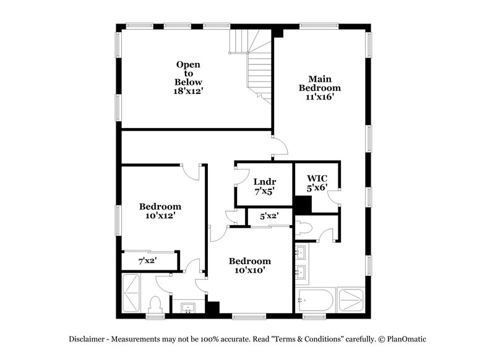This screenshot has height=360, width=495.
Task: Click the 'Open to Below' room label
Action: click(189, 72)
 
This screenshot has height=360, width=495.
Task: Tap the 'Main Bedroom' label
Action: click(320, 83)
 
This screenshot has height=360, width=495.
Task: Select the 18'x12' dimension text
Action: click(189, 91)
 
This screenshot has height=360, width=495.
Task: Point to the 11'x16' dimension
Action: click(320, 97)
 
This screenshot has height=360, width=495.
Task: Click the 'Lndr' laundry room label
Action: click(264, 181)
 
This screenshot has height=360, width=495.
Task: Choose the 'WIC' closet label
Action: click(317, 178)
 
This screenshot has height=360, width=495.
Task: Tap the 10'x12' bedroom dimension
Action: click(160, 216)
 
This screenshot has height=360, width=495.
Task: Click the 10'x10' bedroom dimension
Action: click(250, 270)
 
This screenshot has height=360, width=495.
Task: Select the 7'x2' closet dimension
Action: click(147, 261)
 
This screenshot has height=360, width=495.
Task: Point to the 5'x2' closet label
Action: click(269, 216)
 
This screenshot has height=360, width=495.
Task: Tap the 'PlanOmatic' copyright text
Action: click(405, 339)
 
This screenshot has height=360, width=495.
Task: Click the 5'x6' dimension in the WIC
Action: click(317, 187)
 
